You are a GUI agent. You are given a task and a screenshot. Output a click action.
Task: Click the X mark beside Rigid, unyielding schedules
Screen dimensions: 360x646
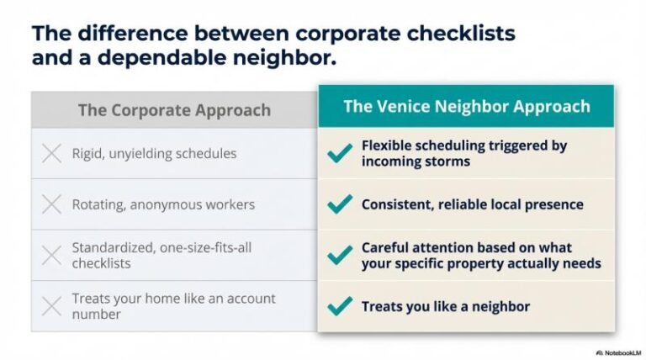coord(51,154)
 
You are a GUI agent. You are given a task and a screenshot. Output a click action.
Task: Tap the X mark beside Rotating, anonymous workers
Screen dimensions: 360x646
coord(51,204)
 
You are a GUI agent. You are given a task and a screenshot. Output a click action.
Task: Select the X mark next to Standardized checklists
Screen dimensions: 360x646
coord(51,256)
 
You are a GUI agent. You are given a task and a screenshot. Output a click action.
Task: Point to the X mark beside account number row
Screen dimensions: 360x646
coord(51,306)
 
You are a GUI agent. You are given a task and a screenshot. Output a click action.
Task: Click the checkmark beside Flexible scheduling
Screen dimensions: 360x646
coord(340,153)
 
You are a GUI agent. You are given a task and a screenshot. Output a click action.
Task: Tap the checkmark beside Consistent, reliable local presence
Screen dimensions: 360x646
coord(340,204)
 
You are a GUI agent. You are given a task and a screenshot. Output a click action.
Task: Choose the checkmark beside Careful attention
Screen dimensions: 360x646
coord(340,256)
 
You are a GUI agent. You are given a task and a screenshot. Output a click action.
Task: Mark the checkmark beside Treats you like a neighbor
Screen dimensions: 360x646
coord(340,306)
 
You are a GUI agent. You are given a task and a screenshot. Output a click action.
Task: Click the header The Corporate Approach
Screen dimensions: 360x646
coord(174,110)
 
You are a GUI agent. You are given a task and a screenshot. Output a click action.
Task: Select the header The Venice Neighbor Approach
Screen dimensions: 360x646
coord(466,107)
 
